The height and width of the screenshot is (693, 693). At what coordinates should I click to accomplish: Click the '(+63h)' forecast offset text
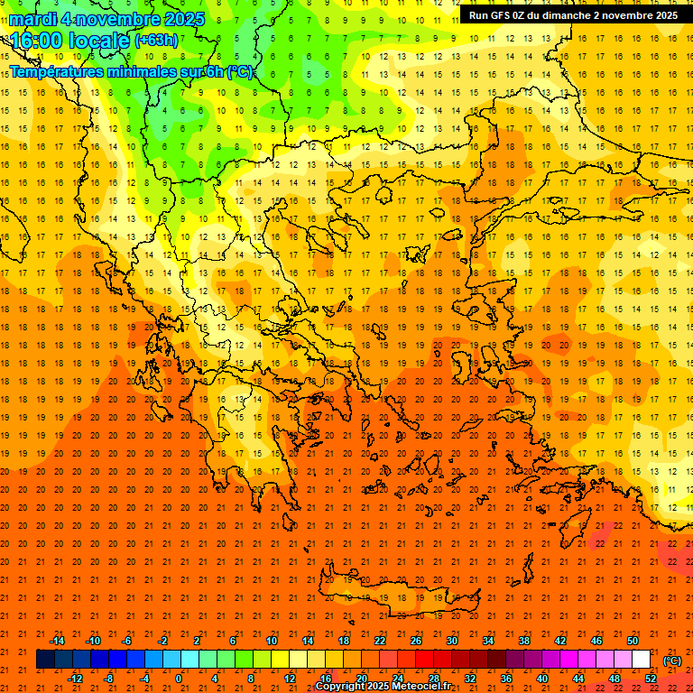[x=156, y=41]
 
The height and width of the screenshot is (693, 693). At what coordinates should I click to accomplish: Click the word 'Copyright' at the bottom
[x=340, y=687]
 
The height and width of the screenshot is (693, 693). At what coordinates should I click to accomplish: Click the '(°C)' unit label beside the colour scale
[x=672, y=661]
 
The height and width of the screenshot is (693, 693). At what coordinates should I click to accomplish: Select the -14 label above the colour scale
[x=57, y=641]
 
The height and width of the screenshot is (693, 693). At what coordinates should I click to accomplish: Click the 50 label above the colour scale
[x=633, y=641]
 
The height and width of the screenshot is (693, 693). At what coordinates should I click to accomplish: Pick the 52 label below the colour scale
[x=651, y=679]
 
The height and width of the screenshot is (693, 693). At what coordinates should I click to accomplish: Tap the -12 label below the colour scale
[x=76, y=679]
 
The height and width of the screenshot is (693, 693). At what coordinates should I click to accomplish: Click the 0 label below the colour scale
[x=179, y=679]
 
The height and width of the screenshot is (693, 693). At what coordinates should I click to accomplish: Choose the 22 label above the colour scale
[x=380, y=641]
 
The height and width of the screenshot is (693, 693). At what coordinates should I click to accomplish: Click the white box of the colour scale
[x=642, y=660]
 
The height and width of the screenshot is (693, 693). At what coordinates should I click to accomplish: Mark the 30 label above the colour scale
[x=452, y=641]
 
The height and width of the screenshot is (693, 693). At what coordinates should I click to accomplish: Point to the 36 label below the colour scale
[x=506, y=679]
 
